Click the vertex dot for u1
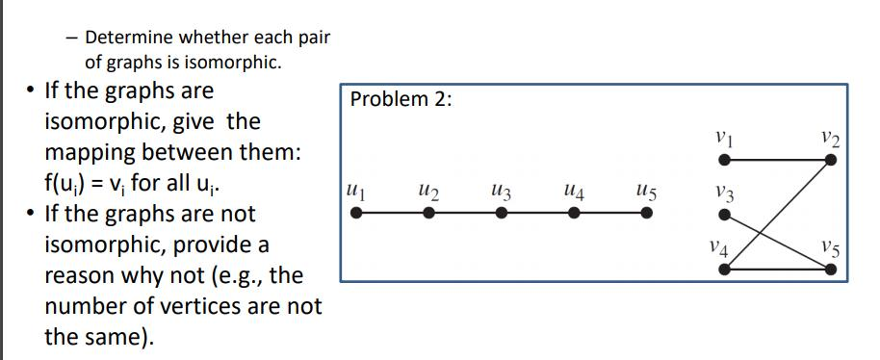[356, 214]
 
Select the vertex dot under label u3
[501, 214]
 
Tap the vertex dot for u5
[646, 214]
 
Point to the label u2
[428, 193]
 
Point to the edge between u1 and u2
[393, 214]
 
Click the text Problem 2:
[401, 100]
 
